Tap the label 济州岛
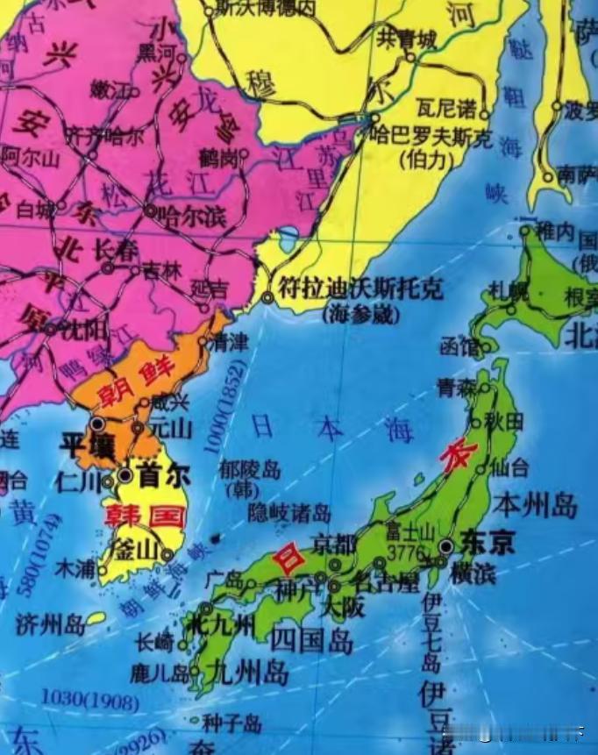[x=50, y=624]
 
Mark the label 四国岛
[x=311, y=641]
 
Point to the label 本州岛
[x=535, y=505]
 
